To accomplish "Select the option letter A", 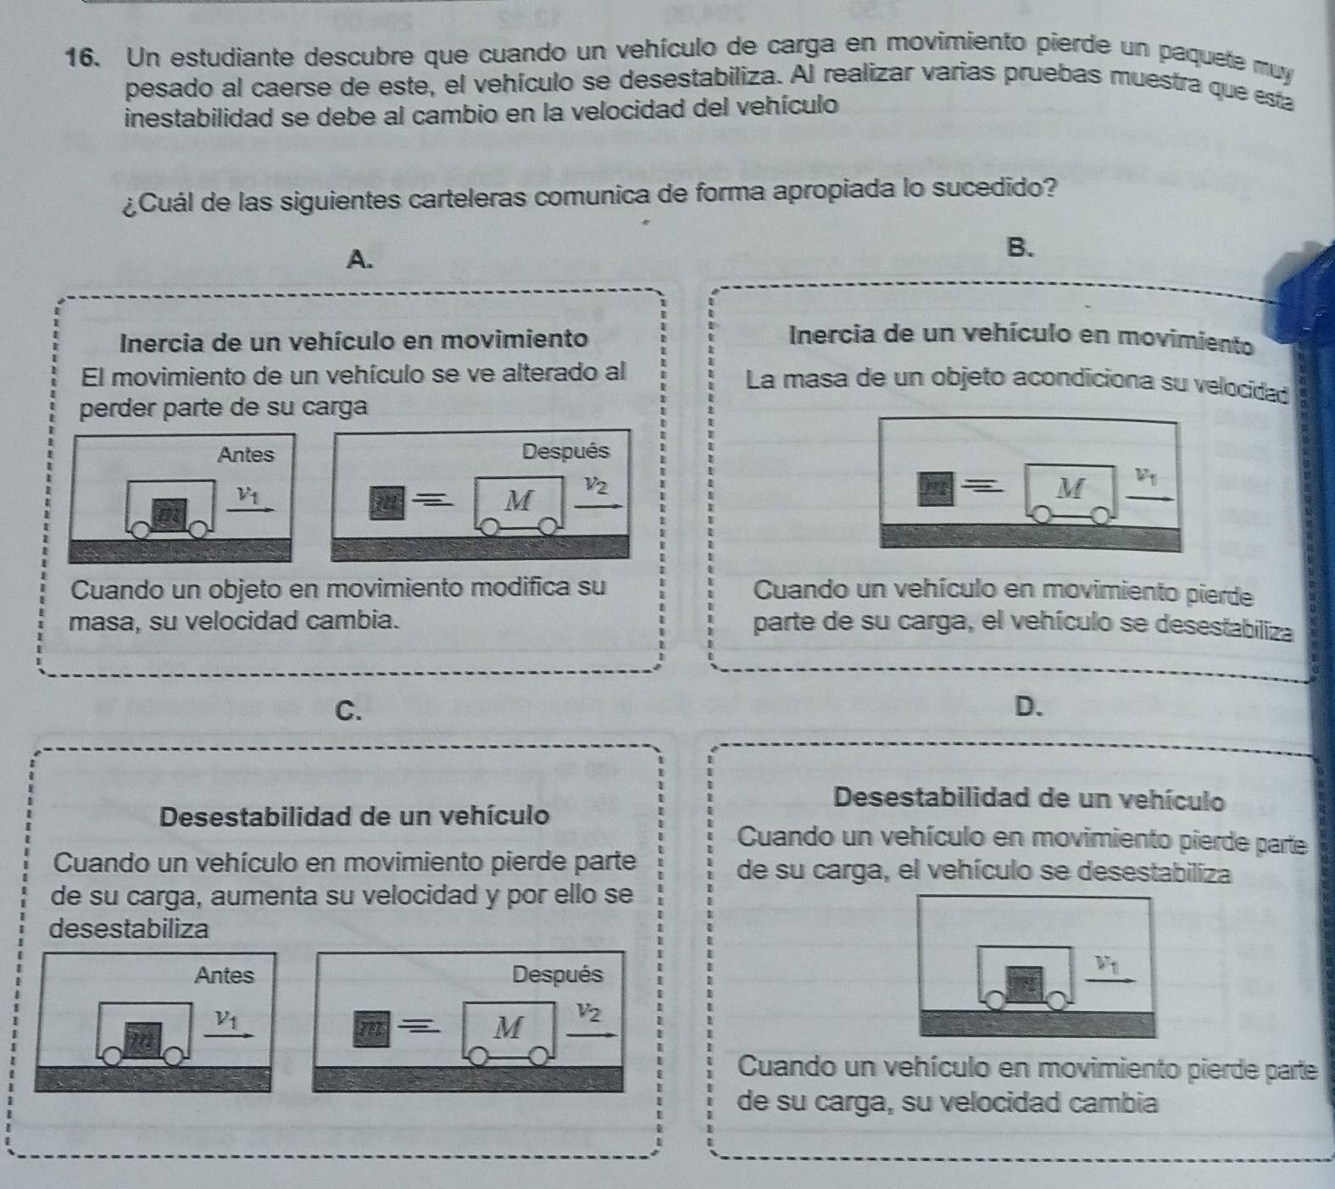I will tap(360, 259).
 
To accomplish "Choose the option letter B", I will tap(1021, 247).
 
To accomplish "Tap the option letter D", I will tap(1026, 705).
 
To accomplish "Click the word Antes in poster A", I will tap(246, 454).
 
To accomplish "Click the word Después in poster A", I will tap(565, 451).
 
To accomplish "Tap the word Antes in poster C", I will tap(224, 975).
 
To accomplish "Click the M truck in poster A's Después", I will tap(519, 504).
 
